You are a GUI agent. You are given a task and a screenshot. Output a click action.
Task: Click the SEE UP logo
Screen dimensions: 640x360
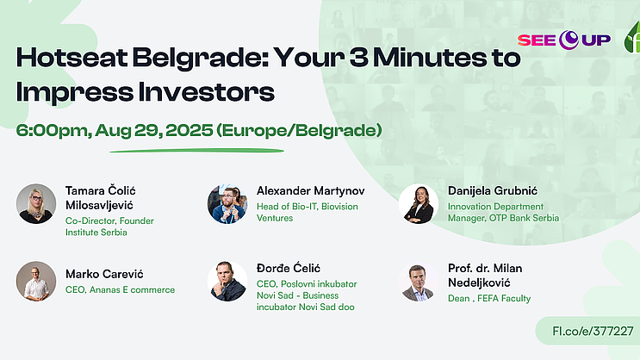click(x=564, y=40)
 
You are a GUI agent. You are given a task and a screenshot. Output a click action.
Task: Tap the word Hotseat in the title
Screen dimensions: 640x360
click(x=71, y=58)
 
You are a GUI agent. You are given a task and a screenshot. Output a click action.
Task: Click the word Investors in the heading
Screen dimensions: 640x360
click(x=206, y=92)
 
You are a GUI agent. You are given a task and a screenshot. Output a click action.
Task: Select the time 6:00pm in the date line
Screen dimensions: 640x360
click(x=54, y=131)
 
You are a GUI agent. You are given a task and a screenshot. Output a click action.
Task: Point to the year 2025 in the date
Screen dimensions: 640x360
click(x=189, y=131)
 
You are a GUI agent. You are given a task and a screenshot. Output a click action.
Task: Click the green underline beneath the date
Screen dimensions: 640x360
click(x=196, y=151)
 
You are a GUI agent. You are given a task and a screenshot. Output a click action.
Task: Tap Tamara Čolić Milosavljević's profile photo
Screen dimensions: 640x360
click(x=36, y=203)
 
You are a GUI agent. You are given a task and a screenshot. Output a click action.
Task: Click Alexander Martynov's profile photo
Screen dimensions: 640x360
click(x=227, y=203)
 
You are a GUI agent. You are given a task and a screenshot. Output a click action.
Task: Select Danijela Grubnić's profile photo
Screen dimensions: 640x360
click(x=419, y=203)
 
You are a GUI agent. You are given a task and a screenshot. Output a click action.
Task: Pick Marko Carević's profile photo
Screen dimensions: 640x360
click(x=36, y=282)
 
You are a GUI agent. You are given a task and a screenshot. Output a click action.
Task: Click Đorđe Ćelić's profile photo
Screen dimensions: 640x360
click(x=227, y=282)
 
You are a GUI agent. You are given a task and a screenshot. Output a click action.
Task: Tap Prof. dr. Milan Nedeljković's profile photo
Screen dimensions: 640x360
click(x=419, y=282)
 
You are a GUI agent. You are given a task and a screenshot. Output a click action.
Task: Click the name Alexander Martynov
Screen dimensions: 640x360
click(x=311, y=191)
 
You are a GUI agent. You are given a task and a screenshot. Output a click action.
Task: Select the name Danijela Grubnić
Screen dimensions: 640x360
click(x=493, y=190)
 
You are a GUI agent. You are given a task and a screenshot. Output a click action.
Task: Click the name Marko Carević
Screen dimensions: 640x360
click(x=104, y=274)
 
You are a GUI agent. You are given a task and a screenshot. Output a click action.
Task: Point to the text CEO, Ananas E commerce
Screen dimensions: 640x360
click(x=120, y=289)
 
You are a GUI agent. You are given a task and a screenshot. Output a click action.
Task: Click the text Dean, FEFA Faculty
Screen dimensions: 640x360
click(x=489, y=298)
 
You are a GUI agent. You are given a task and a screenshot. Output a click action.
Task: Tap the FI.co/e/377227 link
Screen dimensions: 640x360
click(x=593, y=331)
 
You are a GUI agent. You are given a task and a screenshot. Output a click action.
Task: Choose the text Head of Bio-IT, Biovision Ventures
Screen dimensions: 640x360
click(x=308, y=212)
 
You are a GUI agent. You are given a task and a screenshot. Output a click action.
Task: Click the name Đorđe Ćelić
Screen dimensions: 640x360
click(x=289, y=268)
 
